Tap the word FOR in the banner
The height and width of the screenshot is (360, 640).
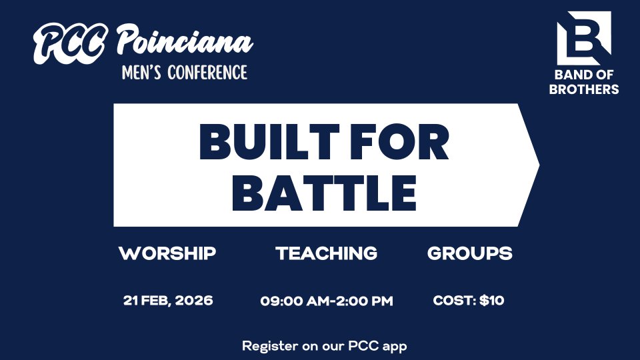[x=399, y=141]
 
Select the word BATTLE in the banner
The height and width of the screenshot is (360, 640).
[x=325, y=193]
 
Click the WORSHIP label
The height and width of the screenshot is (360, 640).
[x=167, y=253]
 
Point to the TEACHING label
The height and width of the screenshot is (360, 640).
[x=327, y=253]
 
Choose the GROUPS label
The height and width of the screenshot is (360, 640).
[x=470, y=253]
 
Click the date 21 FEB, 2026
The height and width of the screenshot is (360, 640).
[x=168, y=301]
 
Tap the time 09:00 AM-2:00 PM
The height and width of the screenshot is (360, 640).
[x=327, y=301]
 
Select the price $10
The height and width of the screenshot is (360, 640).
[x=492, y=301]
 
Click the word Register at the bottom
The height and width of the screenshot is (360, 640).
[x=270, y=346]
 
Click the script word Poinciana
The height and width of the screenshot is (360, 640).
[x=185, y=39]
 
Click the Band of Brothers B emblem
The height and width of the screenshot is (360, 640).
[x=584, y=38]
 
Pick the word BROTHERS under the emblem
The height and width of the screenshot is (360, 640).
[x=584, y=89]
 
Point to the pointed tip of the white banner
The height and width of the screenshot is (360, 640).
[x=539, y=165]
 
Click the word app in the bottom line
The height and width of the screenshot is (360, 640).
[x=395, y=347]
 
